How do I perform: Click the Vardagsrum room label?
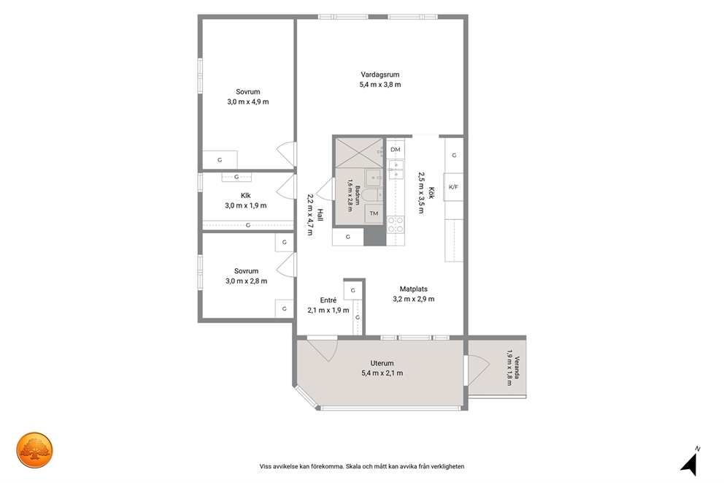pyautogui.click(x=380, y=75)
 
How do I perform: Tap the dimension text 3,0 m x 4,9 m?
pyautogui.click(x=248, y=102)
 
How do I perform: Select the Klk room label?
pyautogui.click(x=246, y=196)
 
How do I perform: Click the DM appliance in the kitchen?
pyautogui.click(x=396, y=149)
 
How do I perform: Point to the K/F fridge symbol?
pyautogui.click(x=453, y=187)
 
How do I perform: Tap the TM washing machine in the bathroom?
pyautogui.click(x=374, y=213)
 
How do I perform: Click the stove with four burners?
pyautogui.click(x=396, y=225)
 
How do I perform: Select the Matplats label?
pyautogui.click(x=414, y=289)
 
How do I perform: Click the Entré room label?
pyautogui.click(x=328, y=300)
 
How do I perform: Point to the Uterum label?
pyautogui.click(x=382, y=363)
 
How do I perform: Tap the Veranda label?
pyautogui.click(x=517, y=368)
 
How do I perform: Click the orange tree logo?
pyautogui.click(x=34, y=450)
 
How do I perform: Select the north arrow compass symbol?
pyautogui.click(x=690, y=462)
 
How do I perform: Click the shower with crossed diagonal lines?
pyautogui.click(x=359, y=153)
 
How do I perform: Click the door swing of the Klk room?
pyautogui.click(x=286, y=187)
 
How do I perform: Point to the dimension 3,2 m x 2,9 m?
pyautogui.click(x=414, y=299)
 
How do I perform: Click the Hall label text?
pyautogui.click(x=320, y=215)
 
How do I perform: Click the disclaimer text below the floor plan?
pyautogui.click(x=362, y=466)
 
